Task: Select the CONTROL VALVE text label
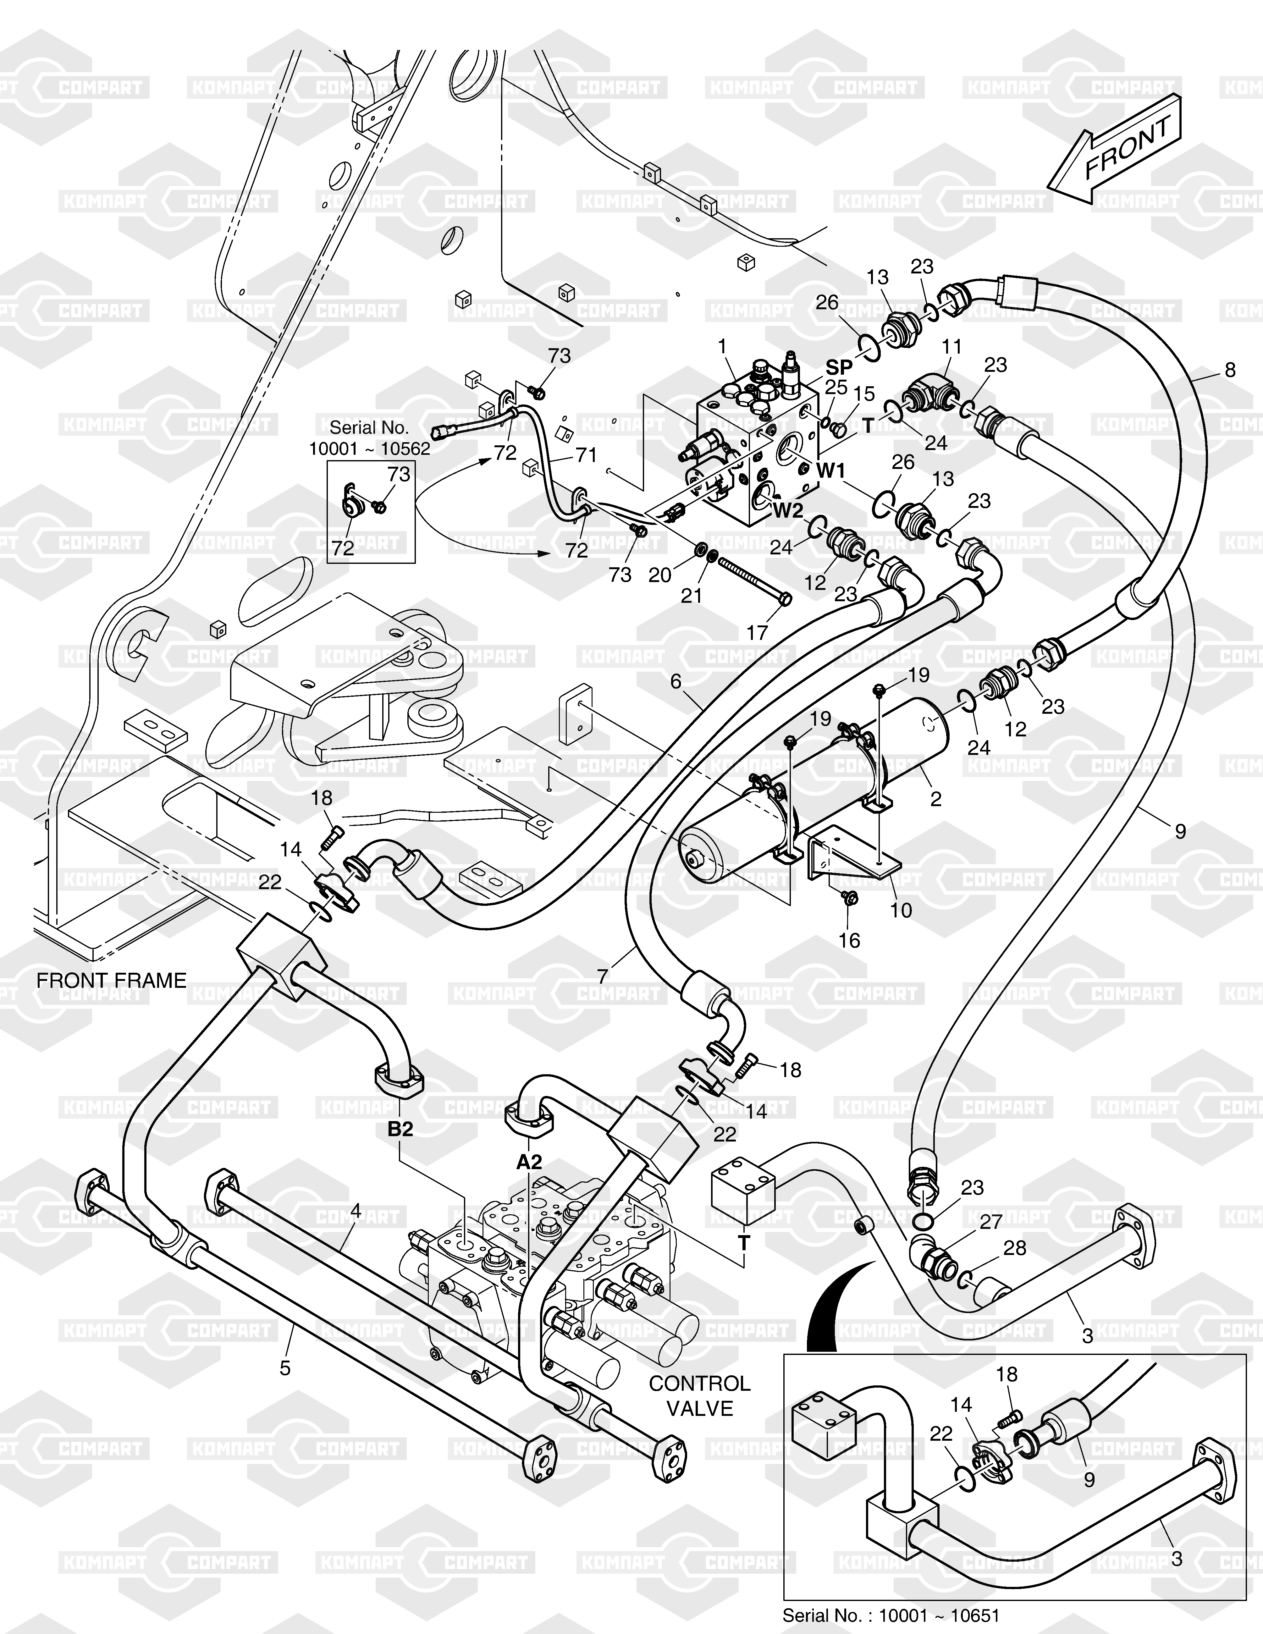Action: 700,1396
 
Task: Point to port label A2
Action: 529,1162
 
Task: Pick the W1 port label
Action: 830,470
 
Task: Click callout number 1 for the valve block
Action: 722,346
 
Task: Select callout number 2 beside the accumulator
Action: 935,799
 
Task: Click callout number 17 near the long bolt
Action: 757,632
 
